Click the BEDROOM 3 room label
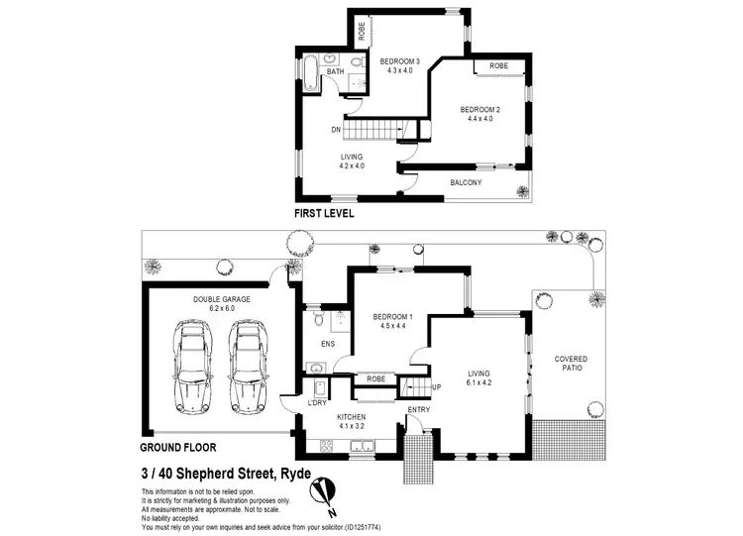pos(400,61)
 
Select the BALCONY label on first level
pos(466,183)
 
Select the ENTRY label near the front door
pos(419,409)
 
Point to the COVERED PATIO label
pos(571,365)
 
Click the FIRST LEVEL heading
pos(324,213)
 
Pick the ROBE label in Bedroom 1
pos(375,378)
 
